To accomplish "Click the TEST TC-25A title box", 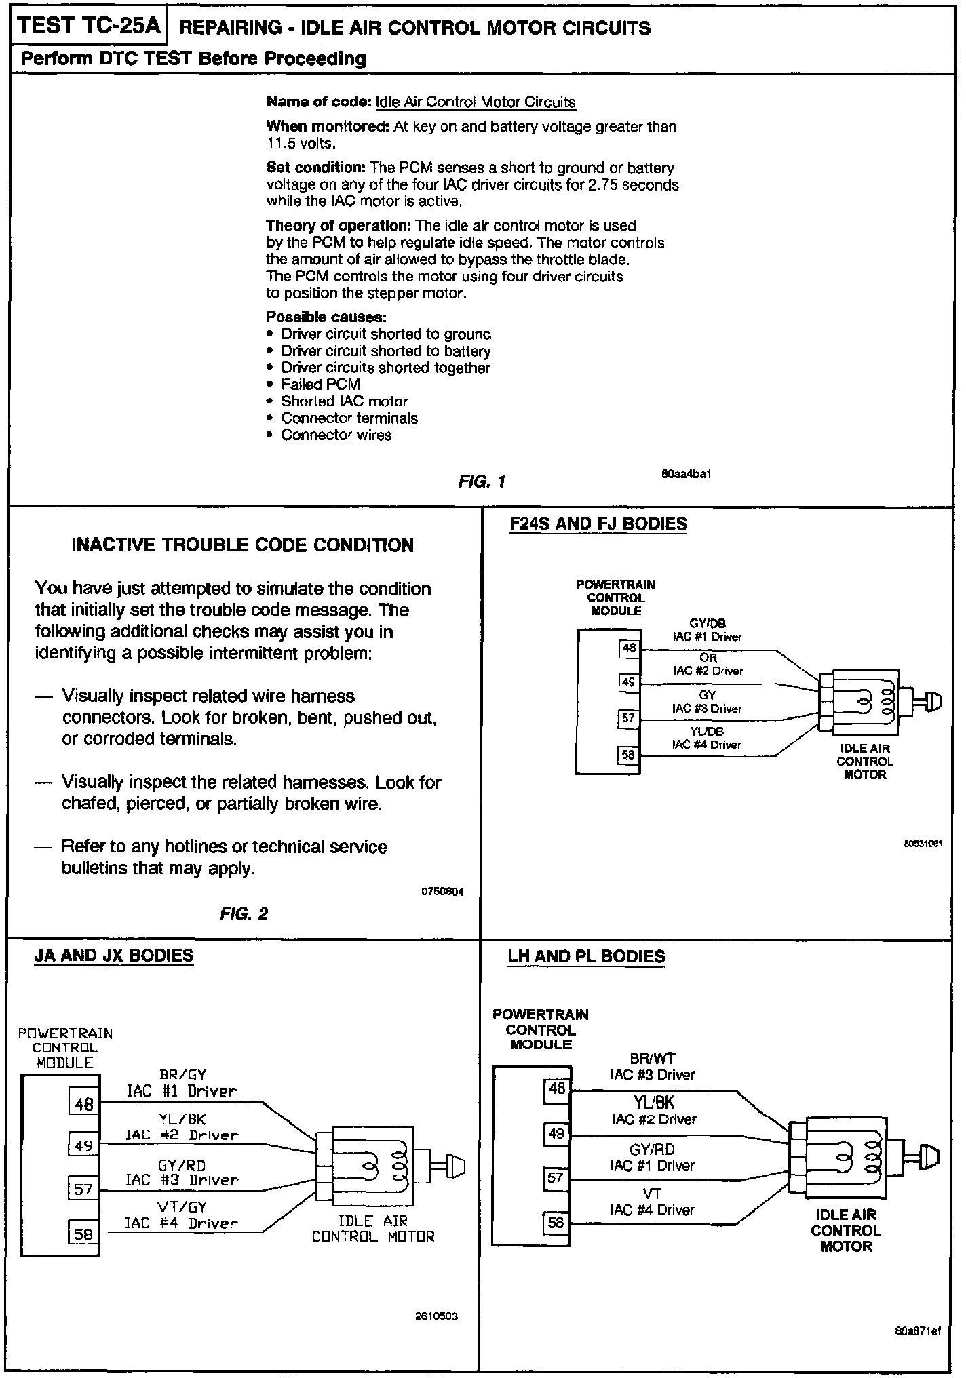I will [89, 26].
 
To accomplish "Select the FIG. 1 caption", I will [482, 481].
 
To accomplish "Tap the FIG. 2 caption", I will [244, 914].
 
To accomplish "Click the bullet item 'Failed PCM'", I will [320, 385].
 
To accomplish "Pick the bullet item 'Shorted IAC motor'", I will [345, 401].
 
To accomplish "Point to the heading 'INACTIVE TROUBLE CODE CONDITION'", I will [242, 545].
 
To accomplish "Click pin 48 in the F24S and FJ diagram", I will [629, 648].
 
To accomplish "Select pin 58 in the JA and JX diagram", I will [83, 1234].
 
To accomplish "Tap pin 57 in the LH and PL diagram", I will [556, 1178].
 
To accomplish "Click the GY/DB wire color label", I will [707, 624].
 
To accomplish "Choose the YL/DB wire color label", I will [707, 731].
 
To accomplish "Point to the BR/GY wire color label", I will [182, 1074].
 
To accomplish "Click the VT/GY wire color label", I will [182, 1206].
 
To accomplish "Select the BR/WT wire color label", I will [653, 1059].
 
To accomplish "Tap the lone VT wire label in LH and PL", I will [651, 1193].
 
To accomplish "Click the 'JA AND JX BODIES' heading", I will [114, 956].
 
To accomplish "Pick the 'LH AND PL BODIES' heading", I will [586, 956].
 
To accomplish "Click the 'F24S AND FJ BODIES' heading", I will [598, 524].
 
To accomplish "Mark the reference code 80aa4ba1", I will [686, 474].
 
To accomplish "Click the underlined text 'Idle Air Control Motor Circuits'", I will [475, 102].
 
